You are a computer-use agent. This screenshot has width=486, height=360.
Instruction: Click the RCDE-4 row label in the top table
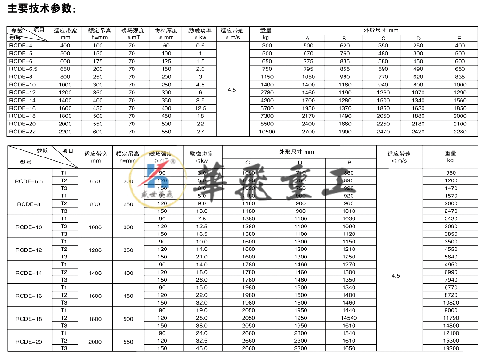tap(21, 46)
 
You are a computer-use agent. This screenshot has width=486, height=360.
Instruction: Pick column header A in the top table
tap(308, 39)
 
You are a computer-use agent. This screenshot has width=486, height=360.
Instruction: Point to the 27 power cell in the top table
tap(201, 132)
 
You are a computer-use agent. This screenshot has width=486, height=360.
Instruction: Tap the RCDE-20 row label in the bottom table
tap(30, 340)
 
